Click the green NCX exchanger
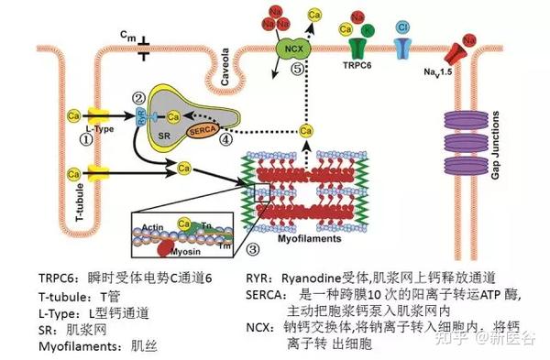tap(292, 49)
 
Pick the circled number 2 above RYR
tap(139, 98)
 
